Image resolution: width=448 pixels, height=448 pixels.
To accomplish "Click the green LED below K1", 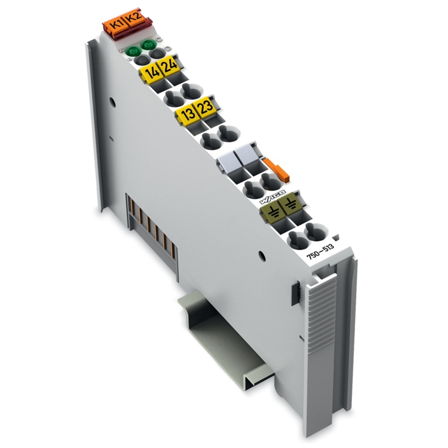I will [132, 51].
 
